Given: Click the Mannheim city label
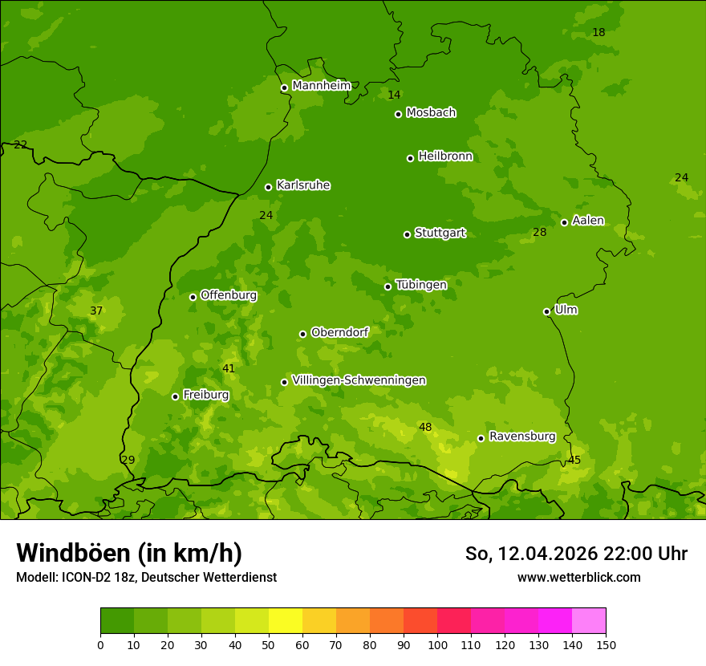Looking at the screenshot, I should click(321, 86).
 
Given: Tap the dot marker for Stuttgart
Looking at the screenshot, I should click(407, 234).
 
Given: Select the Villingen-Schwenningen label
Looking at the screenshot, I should click(359, 380).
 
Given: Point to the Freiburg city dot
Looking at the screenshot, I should click(175, 396).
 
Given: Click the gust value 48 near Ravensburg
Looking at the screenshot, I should click(425, 427).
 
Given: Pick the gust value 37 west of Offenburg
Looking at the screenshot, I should click(96, 311).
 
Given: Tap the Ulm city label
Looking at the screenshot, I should click(566, 310).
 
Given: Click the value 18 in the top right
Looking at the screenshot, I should click(598, 32).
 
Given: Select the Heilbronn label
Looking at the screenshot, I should click(445, 156).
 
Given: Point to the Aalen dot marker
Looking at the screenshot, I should click(564, 222).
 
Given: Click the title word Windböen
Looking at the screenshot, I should click(72, 553).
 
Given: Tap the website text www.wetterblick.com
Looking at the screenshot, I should click(578, 577).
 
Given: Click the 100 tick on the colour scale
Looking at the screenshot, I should click(437, 644).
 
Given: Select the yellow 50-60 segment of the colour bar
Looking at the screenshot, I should click(286, 621).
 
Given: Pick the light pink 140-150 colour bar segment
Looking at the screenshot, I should click(589, 621).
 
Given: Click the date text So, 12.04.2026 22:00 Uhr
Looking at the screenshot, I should click(576, 554).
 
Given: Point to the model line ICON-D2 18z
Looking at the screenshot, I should click(146, 577).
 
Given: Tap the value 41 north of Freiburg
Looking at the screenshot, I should click(229, 368).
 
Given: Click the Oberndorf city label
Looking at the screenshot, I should click(339, 332).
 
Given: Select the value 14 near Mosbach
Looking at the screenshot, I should click(394, 95).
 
